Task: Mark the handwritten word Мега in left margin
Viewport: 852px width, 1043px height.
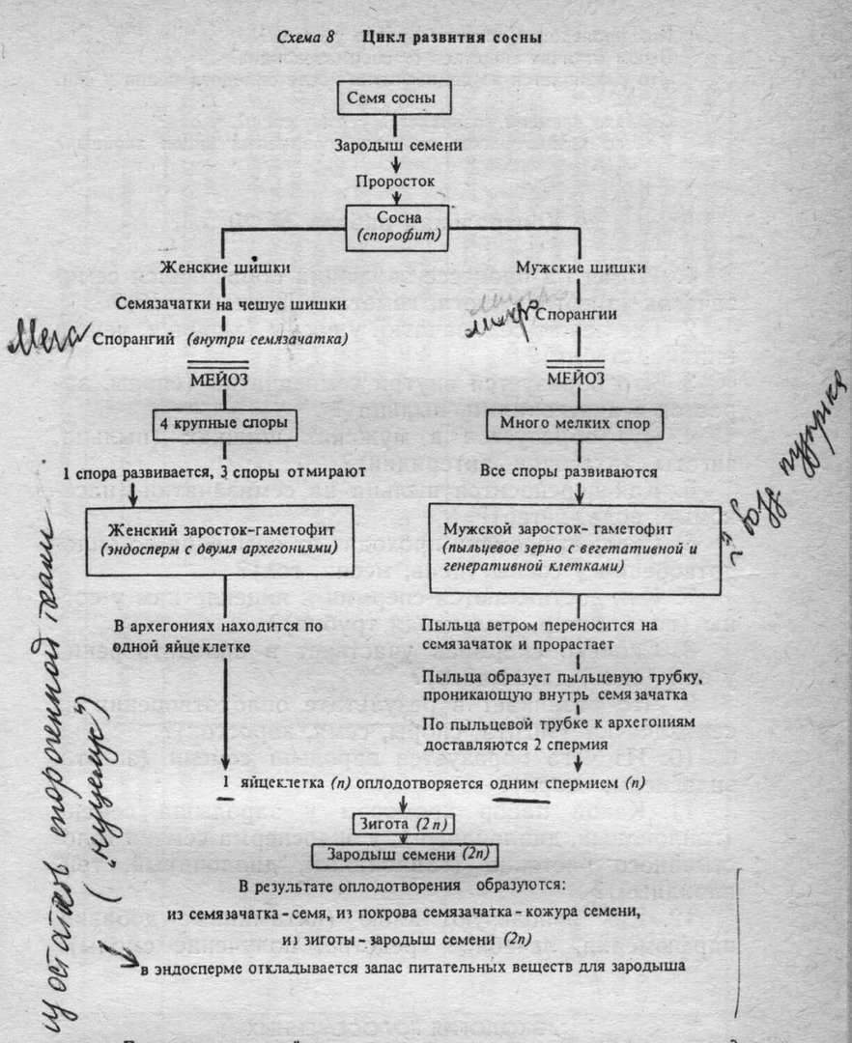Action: [44, 341]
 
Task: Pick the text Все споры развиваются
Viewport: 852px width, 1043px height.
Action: [569, 472]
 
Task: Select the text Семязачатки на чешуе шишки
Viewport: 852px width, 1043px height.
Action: [232, 304]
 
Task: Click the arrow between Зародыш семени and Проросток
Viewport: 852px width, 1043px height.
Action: [393, 163]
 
